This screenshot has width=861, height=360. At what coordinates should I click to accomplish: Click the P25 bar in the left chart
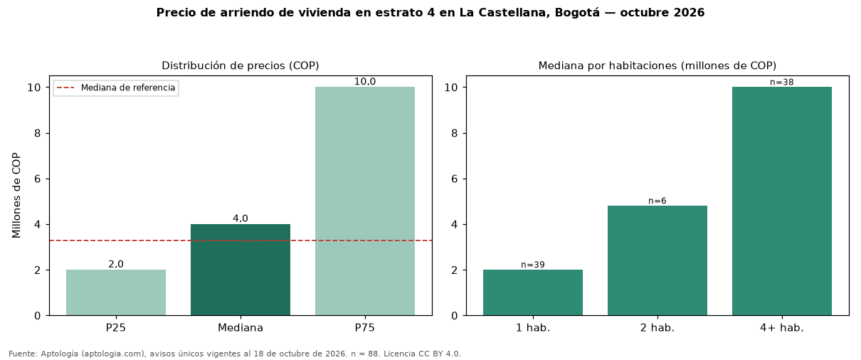click(116, 292)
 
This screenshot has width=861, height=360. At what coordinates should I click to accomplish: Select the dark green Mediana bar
click(241, 270)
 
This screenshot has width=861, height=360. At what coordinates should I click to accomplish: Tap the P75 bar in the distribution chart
click(365, 201)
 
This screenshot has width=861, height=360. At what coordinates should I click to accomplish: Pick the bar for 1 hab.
click(533, 292)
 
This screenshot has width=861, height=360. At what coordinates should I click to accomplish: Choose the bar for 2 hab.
click(657, 260)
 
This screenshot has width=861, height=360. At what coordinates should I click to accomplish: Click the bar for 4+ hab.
click(782, 201)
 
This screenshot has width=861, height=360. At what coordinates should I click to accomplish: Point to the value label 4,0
click(241, 218)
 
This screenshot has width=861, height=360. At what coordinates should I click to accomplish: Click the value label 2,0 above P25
click(116, 265)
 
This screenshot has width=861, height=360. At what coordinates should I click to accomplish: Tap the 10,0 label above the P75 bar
click(365, 81)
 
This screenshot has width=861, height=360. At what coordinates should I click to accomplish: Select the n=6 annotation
click(657, 201)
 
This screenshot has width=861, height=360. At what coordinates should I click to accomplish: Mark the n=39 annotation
click(533, 265)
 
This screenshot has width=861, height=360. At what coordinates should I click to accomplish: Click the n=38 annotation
click(782, 83)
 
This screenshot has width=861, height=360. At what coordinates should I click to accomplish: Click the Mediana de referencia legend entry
click(116, 88)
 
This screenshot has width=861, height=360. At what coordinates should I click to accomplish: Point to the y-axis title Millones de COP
click(16, 196)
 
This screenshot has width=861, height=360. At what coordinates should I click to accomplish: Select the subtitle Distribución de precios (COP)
click(241, 65)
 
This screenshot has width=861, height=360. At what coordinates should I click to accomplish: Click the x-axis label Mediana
click(241, 328)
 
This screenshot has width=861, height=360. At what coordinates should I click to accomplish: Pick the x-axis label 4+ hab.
click(782, 328)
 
